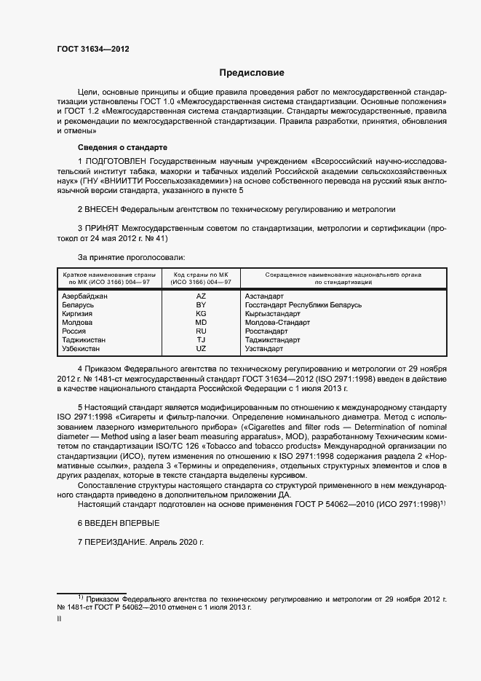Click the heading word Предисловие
[253, 73]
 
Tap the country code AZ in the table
[201, 296]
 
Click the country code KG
[201, 314]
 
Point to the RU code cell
[201, 331]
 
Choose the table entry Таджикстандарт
[272, 340]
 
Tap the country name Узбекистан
[84, 349]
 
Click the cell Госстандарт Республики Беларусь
[303, 305]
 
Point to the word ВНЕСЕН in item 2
[106, 209]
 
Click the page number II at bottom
[60, 618]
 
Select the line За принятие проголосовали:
[131, 257]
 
